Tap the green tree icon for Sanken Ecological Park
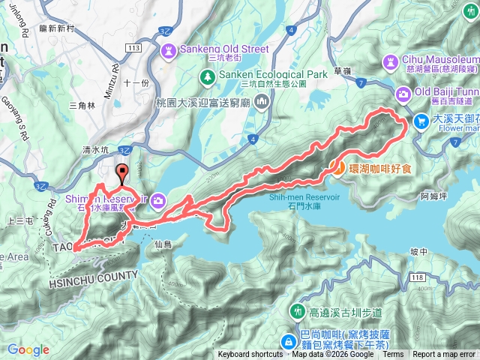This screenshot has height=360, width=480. point(207,77)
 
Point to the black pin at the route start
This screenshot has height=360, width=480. point(121,176)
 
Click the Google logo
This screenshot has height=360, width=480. point(28,349)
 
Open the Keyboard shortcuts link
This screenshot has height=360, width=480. point(250,355)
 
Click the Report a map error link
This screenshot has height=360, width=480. point(444,355)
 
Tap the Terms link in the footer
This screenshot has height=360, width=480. point(393,355)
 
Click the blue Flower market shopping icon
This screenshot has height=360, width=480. point(421,120)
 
